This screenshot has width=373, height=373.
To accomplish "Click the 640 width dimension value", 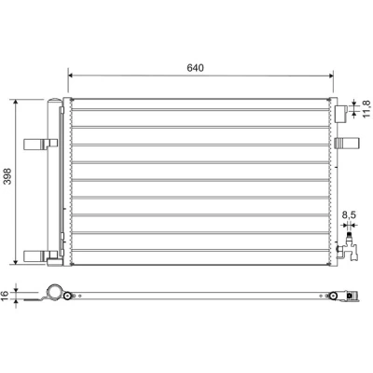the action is click(195, 68).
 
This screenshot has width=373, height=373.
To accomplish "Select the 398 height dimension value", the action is click(7, 176).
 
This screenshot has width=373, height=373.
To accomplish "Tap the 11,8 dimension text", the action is click(367, 109).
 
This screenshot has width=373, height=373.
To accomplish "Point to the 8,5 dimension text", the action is click(349, 214).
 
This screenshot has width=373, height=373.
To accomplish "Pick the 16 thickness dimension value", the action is click(5, 296).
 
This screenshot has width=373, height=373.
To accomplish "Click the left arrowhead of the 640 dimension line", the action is click(71, 76).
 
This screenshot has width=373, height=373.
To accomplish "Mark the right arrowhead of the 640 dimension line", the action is click(331, 76).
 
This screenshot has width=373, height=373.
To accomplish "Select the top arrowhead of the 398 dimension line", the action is click(16, 103).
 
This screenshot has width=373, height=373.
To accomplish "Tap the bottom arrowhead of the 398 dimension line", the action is click(16, 262).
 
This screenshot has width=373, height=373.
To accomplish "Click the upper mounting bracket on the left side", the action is click(41, 144).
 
